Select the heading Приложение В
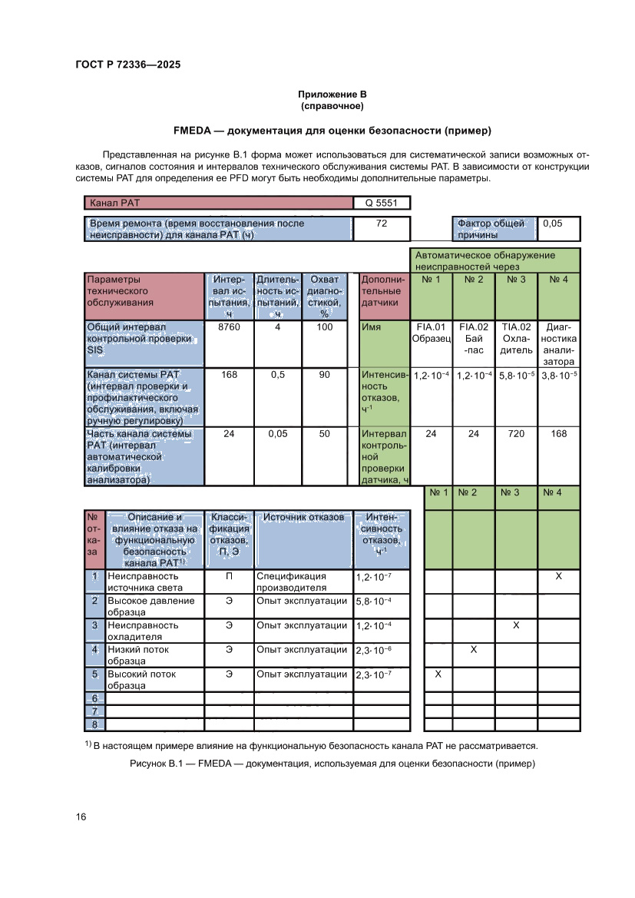pyautogui.click(x=332, y=94)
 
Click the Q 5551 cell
pyautogui.click(x=381, y=204)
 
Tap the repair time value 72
pyautogui.click(x=381, y=224)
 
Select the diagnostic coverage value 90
pyautogui.click(x=325, y=375)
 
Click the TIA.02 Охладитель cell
pyautogui.click(x=516, y=339)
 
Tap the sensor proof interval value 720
pyautogui.click(x=516, y=434)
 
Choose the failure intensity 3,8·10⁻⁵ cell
pyautogui.click(x=559, y=376)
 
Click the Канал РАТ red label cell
pyautogui.click(x=218, y=204)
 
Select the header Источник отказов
pyautogui.click(x=303, y=518)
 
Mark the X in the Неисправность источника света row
pyautogui.click(x=558, y=576)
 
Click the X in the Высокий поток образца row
pyautogui.click(x=438, y=674)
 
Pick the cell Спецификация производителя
pyautogui.click(x=303, y=582)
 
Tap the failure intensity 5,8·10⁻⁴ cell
pyautogui.click(x=382, y=601)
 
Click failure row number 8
pyautogui.click(x=94, y=724)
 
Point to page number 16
pyautogui.click(x=81, y=817)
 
